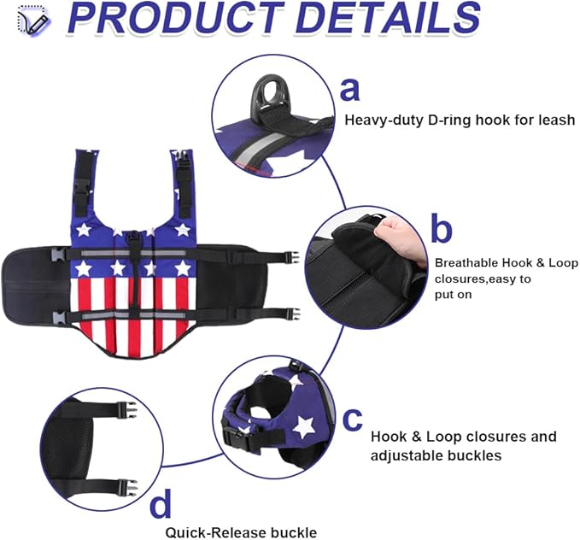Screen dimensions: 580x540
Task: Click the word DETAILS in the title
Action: (x=389, y=19)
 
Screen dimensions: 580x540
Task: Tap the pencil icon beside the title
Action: (x=33, y=21)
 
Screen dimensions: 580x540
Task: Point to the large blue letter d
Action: (x=161, y=502)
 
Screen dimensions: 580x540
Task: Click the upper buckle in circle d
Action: (x=126, y=410)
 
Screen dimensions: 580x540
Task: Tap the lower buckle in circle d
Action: (x=127, y=487)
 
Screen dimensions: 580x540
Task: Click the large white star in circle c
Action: (x=304, y=426)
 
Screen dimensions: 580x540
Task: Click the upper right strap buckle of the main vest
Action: (x=291, y=257)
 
